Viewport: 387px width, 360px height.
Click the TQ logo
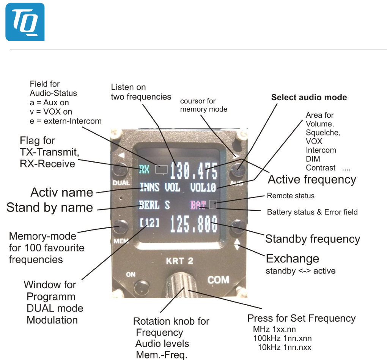(25, 22)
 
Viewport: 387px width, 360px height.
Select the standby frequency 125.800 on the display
(193, 225)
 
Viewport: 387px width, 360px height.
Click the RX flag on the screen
(144, 169)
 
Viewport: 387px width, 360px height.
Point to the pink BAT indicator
(198, 205)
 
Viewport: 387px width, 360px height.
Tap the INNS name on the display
(149, 187)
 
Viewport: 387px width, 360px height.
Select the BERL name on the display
(149, 205)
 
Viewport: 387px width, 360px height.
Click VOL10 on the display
(203, 187)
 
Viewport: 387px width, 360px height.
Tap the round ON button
(140, 284)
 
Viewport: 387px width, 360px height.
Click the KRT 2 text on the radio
(180, 262)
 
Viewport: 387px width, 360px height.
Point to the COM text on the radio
(218, 280)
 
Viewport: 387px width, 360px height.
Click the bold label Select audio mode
(309, 98)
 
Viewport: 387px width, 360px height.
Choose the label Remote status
(291, 196)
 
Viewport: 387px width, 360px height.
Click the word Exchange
(293, 259)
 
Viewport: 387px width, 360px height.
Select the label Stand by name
(50, 208)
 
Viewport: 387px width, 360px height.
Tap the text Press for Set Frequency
(301, 318)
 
